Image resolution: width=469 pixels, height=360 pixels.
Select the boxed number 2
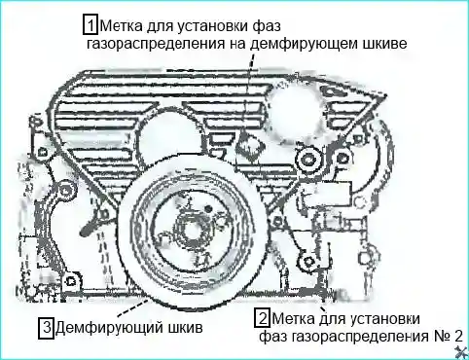coord(263,318)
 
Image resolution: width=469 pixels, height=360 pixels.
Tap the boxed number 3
coord(46,329)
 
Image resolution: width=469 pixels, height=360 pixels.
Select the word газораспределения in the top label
coord(156,44)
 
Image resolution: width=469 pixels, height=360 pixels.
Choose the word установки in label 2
coord(384,318)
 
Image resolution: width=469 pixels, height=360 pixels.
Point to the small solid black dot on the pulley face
coord(209,207)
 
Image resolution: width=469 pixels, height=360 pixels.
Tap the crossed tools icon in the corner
coord(462,352)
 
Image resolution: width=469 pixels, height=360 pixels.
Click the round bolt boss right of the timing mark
coord(307,159)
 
